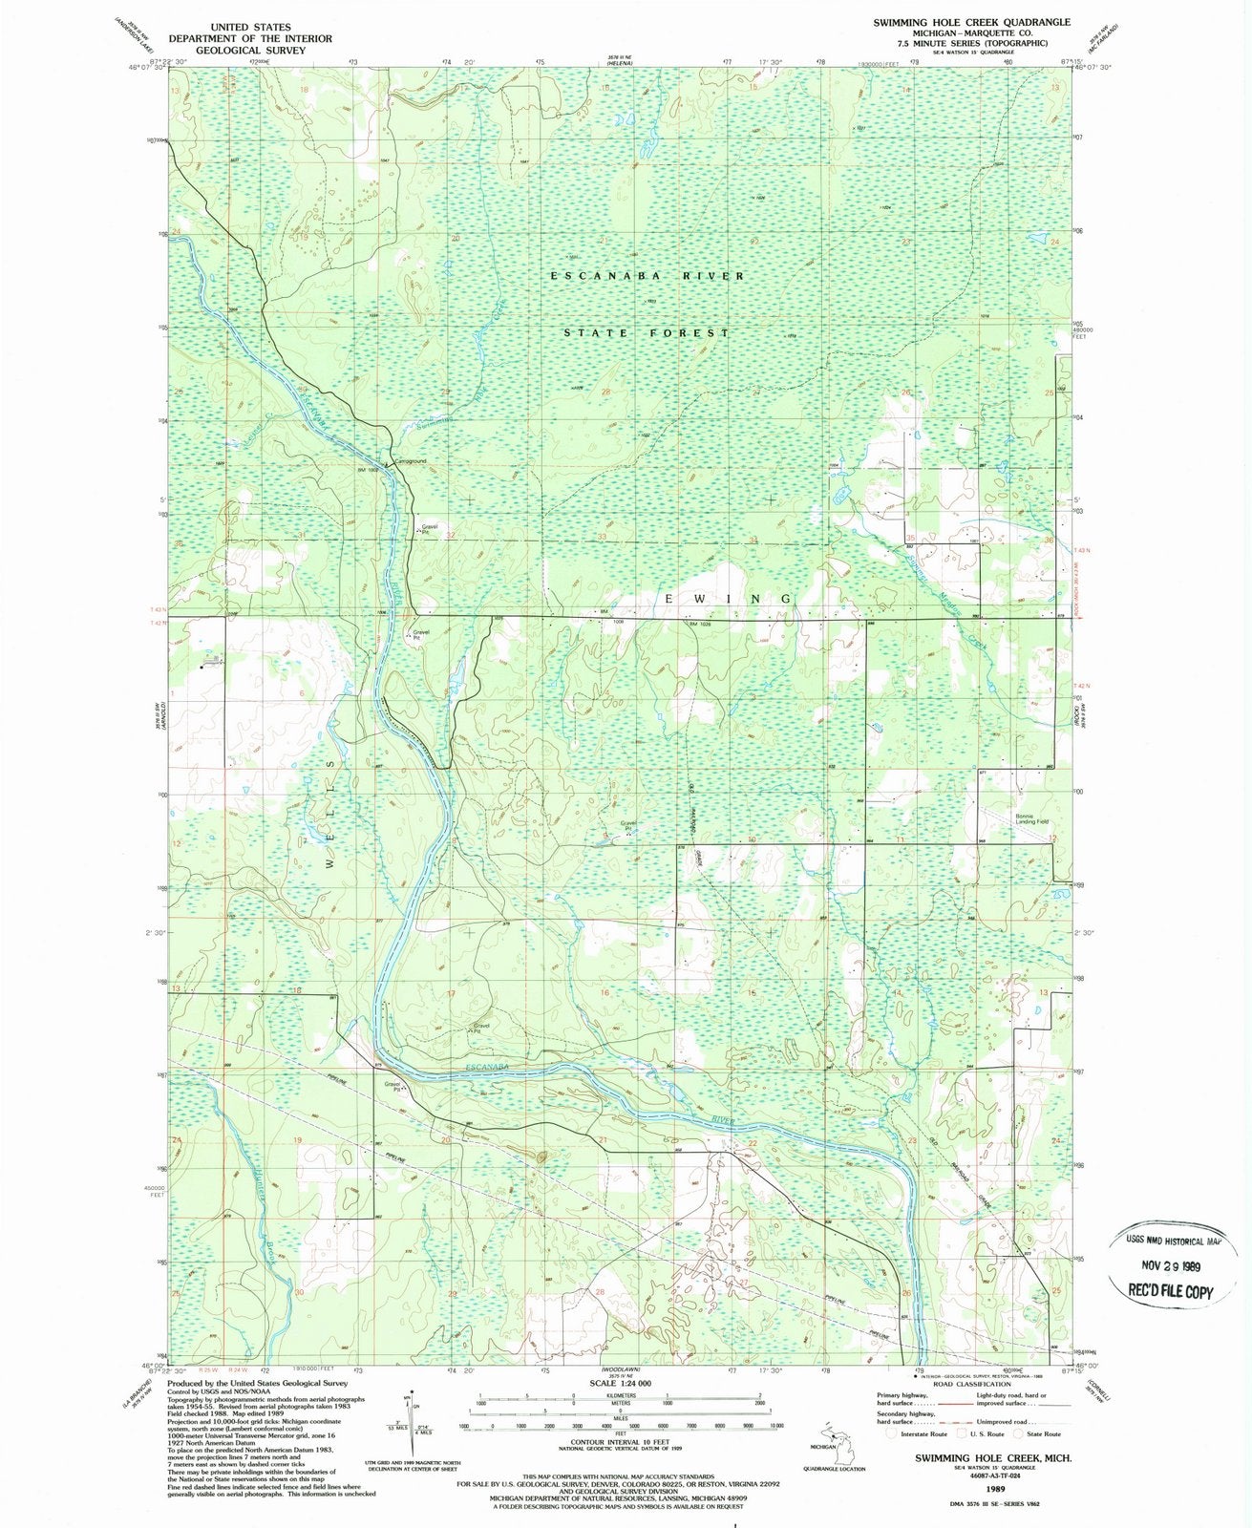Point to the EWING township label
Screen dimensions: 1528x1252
pos(727,599)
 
